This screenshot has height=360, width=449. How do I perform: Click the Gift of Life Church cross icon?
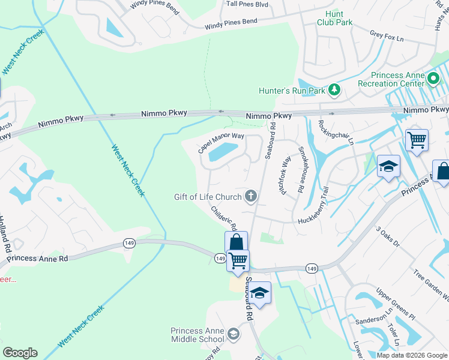(x=251, y=196)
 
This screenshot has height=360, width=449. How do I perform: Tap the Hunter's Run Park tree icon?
(x=334, y=91)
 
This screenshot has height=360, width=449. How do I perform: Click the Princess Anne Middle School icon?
(x=233, y=334)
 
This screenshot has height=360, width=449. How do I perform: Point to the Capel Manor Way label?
(x=221, y=143)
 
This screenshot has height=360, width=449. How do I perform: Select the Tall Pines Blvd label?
(x=247, y=4)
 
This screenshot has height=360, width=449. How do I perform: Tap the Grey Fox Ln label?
(x=387, y=37)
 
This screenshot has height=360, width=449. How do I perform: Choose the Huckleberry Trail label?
(x=322, y=208)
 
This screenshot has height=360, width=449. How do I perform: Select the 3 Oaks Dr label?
(x=387, y=236)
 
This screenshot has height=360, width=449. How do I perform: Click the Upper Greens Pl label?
(x=395, y=305)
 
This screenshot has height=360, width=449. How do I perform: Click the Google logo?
(x=20, y=353)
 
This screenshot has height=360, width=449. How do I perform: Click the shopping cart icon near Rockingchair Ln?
(x=417, y=140)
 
